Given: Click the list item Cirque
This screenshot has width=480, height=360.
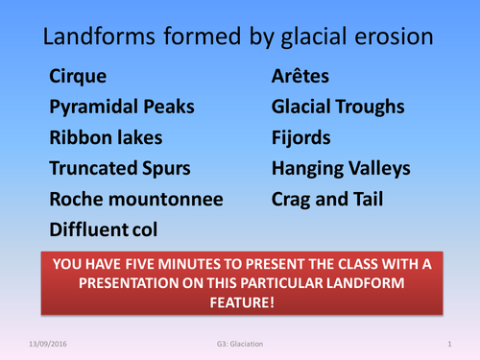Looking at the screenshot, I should pos(79,76).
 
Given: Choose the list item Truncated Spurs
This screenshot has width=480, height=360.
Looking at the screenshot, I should pos(119,169).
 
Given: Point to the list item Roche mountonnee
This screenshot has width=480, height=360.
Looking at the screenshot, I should pos(136,200).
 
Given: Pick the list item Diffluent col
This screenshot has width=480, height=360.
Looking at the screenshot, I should pos(104,230).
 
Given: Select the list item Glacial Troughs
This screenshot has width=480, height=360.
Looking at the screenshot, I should pos(337,107).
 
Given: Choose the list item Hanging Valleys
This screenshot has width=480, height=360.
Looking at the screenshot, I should pos(341,169).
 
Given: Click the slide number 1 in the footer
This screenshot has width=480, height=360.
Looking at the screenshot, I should pos(449,343).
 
